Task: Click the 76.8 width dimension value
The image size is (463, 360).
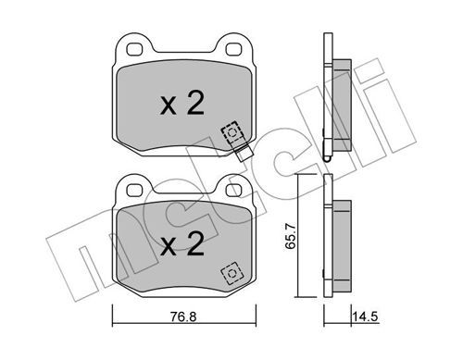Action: [183, 317]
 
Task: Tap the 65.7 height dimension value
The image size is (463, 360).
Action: [291, 237]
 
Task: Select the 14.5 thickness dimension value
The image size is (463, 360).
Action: [365, 317]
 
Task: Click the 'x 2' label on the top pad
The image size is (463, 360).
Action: [182, 104]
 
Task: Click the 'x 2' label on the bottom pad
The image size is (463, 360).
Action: [182, 244]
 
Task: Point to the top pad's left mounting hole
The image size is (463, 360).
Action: [135, 50]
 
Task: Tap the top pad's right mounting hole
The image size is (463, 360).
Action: [233, 50]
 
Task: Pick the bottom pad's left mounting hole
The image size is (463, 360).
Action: [135, 190]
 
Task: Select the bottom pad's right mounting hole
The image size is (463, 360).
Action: [233, 190]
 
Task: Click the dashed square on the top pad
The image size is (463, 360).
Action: [231, 132]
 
